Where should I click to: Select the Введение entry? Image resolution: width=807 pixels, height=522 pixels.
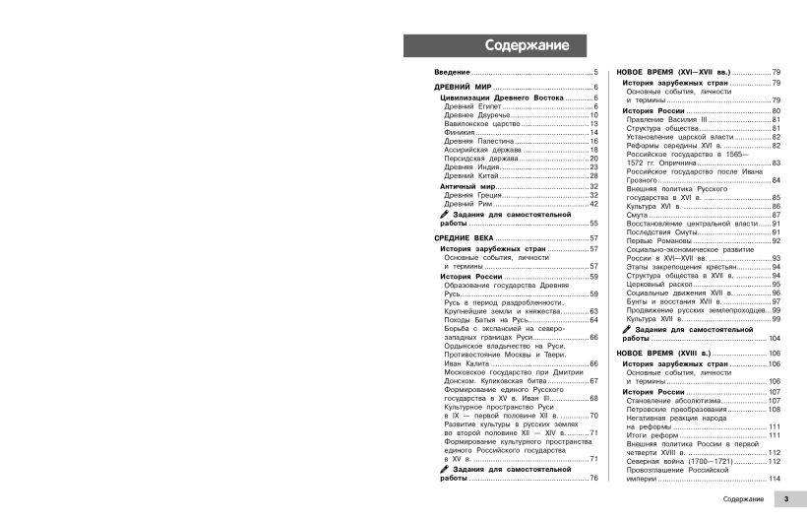(453, 74)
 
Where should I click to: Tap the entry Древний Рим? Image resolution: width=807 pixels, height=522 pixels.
(467, 204)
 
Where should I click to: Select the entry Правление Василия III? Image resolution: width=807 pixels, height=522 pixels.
(666, 119)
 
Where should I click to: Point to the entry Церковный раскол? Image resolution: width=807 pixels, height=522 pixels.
(661, 284)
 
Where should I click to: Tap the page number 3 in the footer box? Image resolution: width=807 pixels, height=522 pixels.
(786, 501)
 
